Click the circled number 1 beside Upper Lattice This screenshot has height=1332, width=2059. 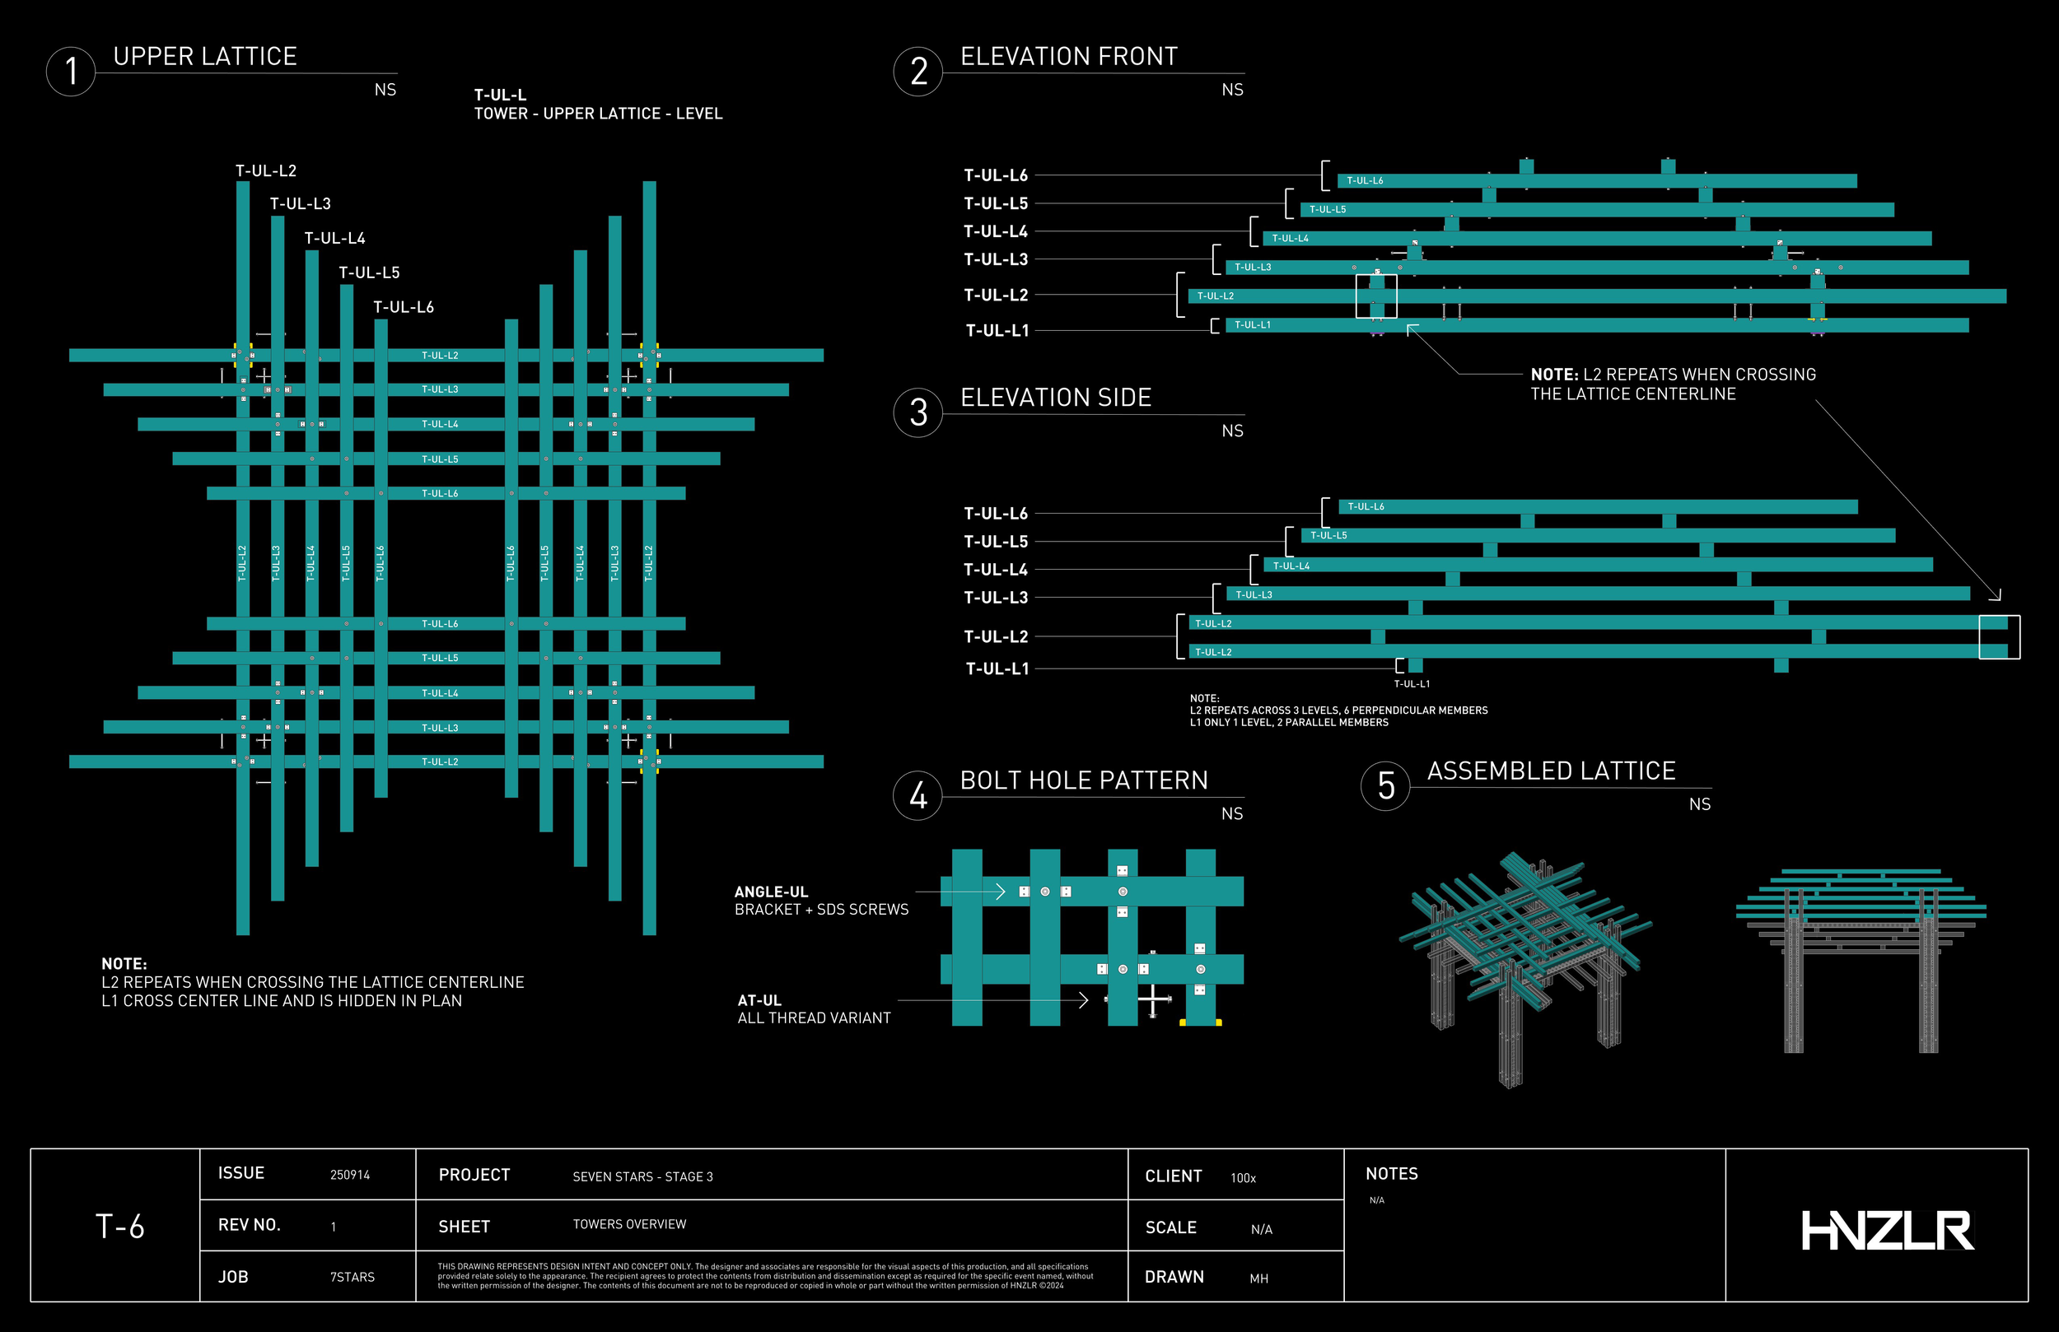click(71, 72)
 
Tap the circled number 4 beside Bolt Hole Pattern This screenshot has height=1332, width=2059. click(917, 796)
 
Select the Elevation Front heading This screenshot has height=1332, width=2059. click(1068, 57)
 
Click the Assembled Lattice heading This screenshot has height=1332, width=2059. click(1551, 771)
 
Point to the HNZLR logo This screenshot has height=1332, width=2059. click(1887, 1230)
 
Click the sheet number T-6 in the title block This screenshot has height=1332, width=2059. click(119, 1227)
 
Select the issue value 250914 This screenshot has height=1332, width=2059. click(349, 1175)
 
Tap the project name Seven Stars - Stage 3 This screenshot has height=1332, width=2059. click(642, 1176)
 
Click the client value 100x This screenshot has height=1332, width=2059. click(1243, 1178)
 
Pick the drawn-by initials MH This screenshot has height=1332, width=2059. click(1258, 1278)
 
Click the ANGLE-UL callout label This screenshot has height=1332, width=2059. click(771, 892)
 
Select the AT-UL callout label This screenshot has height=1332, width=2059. click(759, 1001)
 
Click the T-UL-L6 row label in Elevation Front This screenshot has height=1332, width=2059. click(996, 175)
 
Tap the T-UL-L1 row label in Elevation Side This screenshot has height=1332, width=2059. click(997, 668)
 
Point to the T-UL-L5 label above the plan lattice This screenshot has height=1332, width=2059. click(370, 273)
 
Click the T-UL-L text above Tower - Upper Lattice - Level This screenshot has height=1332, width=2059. click(500, 95)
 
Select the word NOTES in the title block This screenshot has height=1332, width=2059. click(1391, 1174)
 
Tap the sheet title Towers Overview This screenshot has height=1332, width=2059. click(629, 1224)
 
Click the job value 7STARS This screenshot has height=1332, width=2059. click(353, 1278)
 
